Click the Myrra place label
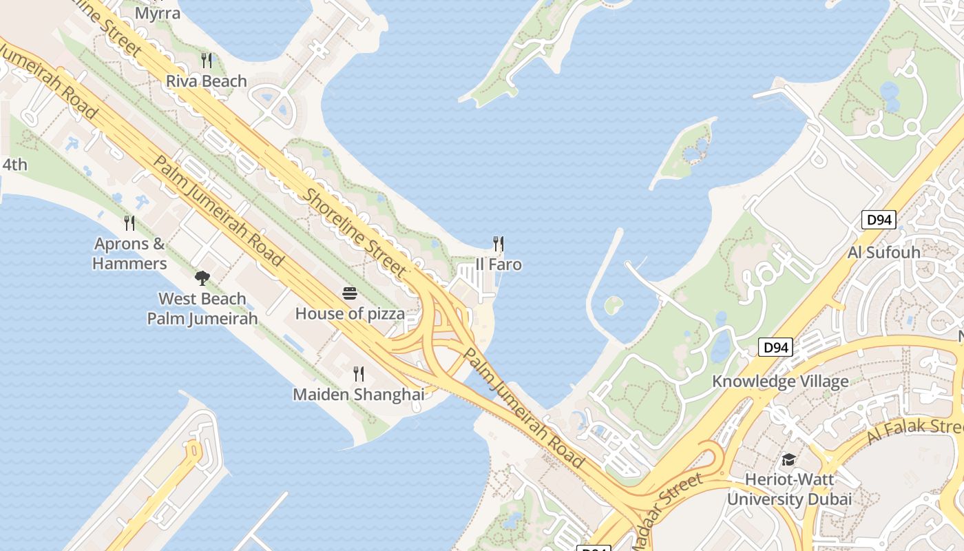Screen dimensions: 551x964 coord(158,13)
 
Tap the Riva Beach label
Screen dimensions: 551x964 coord(206,81)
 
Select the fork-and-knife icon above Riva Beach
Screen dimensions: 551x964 coord(206,60)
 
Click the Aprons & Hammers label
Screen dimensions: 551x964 coord(129,253)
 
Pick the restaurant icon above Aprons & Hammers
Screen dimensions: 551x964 coord(129,222)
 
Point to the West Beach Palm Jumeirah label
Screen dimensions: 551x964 coord(202,309)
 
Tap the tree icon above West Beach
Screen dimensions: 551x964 coord(202,278)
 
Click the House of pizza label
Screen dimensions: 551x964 coord(350,314)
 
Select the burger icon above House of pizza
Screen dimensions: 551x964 coord(350,293)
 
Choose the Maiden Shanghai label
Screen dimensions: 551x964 coord(358,395)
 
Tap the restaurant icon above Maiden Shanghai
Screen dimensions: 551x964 coord(358,374)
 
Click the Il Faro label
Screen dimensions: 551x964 coord(499,265)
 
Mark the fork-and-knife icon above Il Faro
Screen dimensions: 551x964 coord(499,243)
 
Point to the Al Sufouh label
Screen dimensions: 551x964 coord(883,252)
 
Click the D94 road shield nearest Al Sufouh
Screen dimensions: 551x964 coord(879,220)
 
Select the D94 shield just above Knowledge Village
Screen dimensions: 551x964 coord(776,348)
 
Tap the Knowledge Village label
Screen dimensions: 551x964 coord(780,382)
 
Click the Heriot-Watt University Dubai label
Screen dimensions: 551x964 coord(789,489)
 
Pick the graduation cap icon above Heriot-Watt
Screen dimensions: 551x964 coord(788,459)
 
